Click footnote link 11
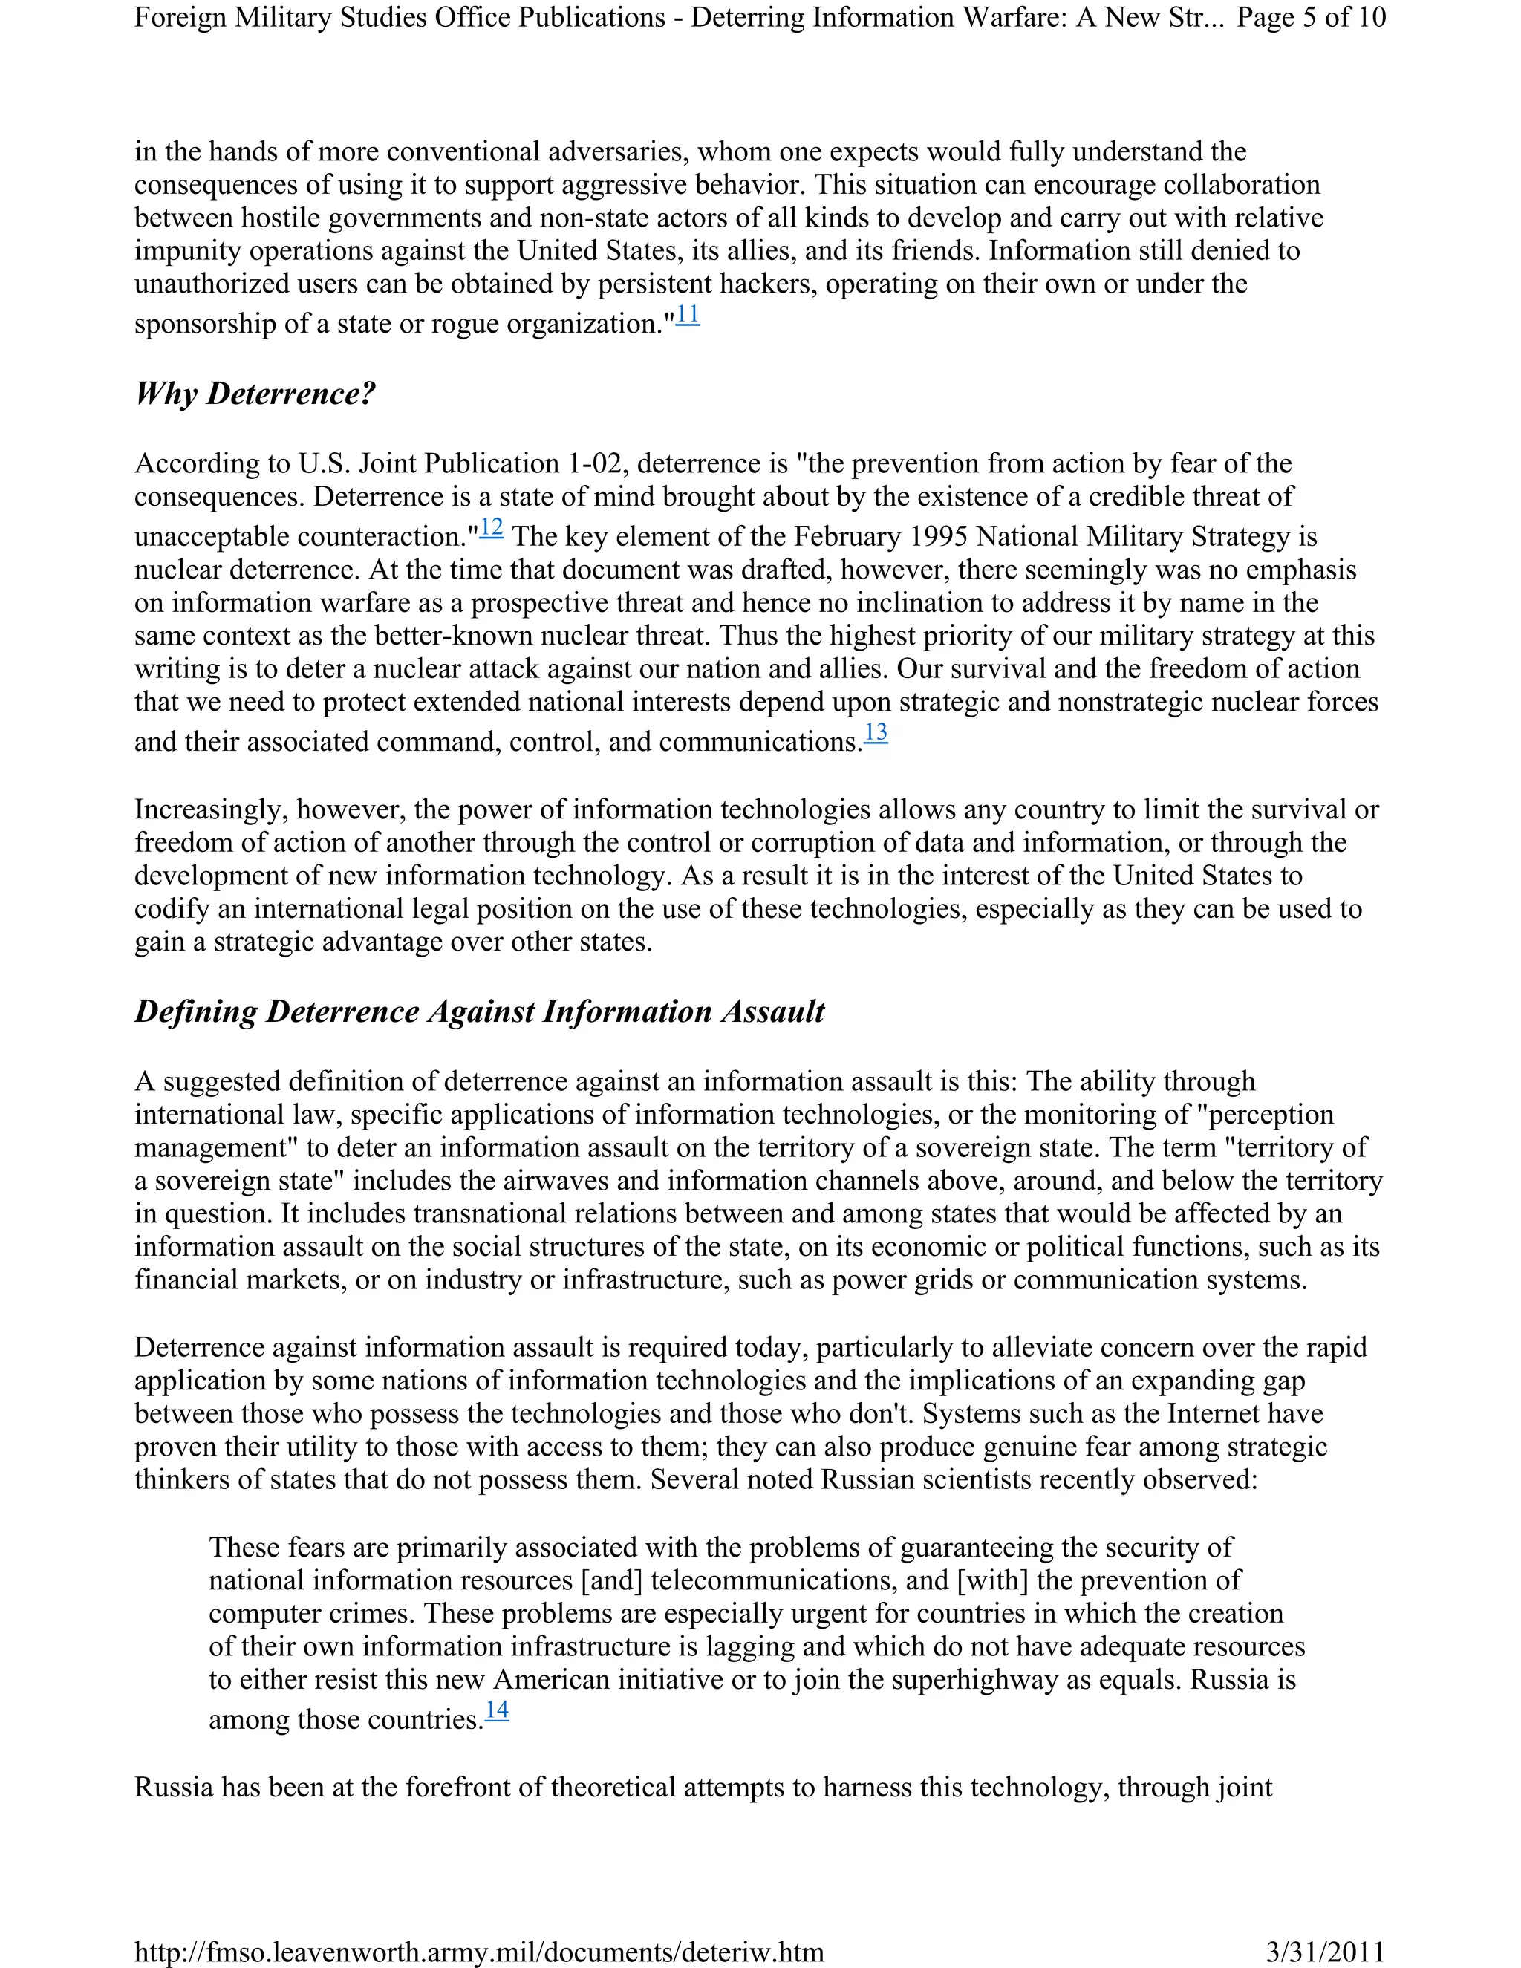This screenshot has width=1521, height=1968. point(688,316)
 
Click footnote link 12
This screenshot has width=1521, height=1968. point(491,528)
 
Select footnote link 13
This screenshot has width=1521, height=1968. point(876,732)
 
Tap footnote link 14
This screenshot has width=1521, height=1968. point(497,1710)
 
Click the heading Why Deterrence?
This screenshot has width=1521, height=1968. point(255,394)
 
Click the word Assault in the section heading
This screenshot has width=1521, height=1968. point(772,1012)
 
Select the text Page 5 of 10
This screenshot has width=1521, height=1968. point(1311,17)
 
